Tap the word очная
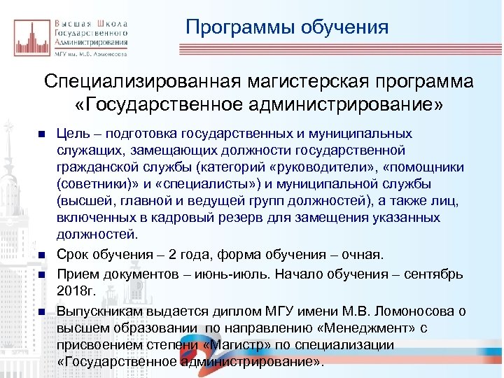click(x=363, y=252)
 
